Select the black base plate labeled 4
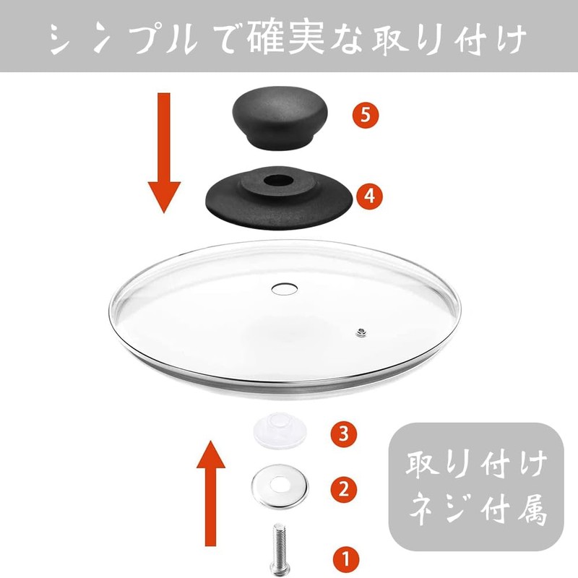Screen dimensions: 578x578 click(281, 199)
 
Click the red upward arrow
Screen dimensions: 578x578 click(211, 491)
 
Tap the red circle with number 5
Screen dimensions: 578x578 click(366, 115)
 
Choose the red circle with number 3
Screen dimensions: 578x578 click(344, 434)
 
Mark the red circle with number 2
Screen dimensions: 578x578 click(344, 489)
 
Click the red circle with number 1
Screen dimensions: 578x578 click(344, 558)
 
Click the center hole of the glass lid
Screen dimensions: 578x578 click(282, 288)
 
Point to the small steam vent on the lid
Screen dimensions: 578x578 click(359, 332)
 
